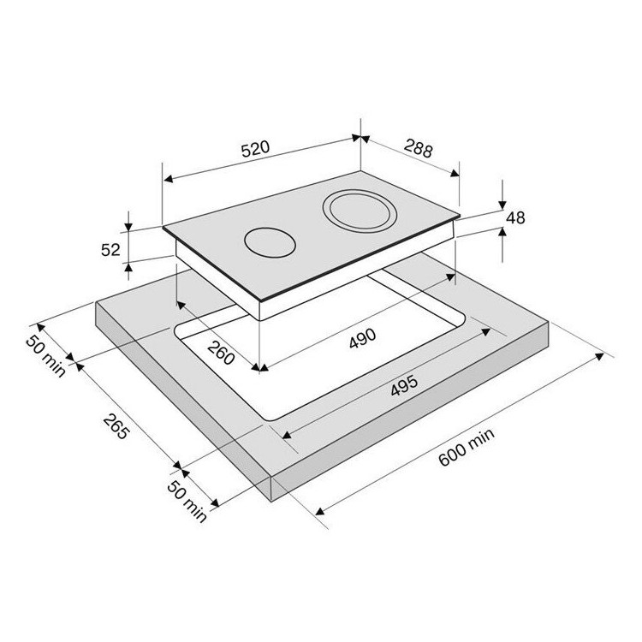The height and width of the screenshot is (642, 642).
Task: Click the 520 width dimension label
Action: coord(255,149)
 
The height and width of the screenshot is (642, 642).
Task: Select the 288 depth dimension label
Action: coord(418,148)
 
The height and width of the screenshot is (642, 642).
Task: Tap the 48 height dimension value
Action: coord(515,217)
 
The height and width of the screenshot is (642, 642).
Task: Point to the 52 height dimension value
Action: coord(110,249)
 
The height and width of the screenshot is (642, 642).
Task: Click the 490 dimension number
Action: coord(362,338)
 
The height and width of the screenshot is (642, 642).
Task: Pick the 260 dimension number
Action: coord(221,353)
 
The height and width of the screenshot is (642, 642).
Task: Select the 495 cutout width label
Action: coord(405,385)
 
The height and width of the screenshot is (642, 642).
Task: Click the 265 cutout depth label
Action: coord(116,426)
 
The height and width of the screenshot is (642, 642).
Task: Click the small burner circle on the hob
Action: coord(270,242)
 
